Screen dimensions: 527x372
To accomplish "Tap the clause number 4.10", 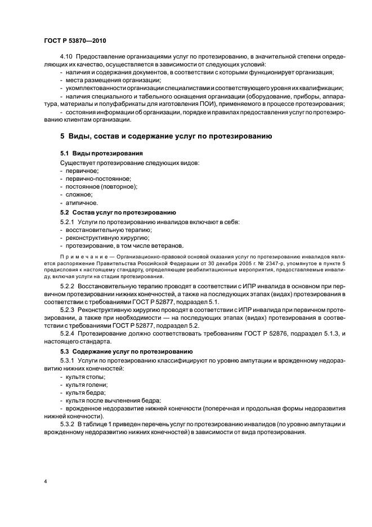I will click(66, 57).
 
